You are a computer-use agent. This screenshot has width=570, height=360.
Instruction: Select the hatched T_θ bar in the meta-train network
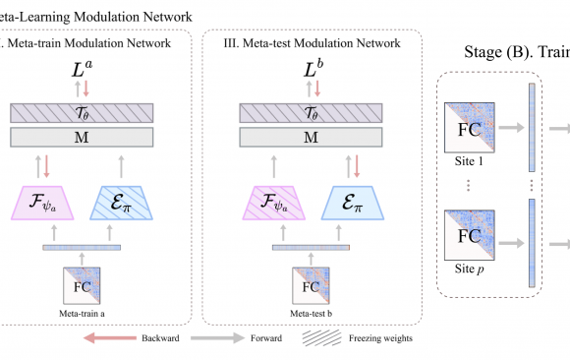pyautogui.click(x=87, y=113)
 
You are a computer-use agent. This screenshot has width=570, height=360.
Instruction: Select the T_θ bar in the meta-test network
pyautogui.click(x=311, y=113)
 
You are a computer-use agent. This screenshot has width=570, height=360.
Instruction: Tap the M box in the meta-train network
pyautogui.click(x=87, y=138)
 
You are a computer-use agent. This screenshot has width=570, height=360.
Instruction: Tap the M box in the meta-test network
pyautogui.click(x=311, y=138)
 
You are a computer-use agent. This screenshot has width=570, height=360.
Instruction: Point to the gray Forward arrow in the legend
pyautogui.click(x=222, y=337)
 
